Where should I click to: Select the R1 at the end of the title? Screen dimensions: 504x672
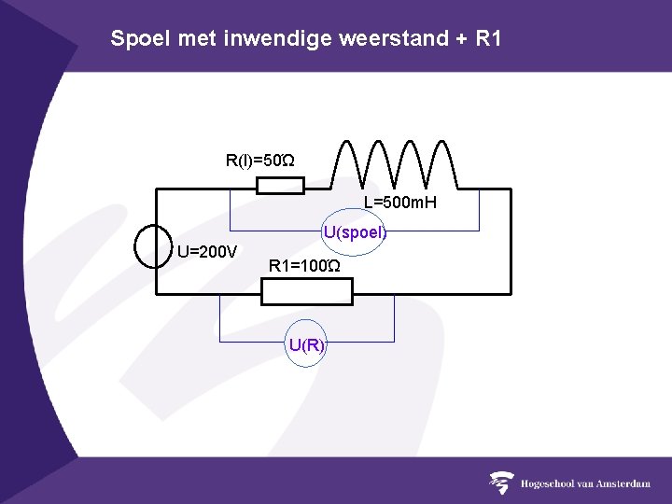487,39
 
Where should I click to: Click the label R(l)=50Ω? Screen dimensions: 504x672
259,161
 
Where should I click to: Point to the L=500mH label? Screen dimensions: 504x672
400,203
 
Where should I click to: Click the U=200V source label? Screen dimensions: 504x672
207,250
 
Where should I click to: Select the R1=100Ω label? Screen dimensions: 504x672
304,267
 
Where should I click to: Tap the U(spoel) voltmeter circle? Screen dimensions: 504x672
354,232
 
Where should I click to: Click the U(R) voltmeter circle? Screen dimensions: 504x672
306,345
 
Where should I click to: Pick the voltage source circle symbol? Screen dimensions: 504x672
155,245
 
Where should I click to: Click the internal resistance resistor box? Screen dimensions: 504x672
280,187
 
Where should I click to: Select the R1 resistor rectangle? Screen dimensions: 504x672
306,292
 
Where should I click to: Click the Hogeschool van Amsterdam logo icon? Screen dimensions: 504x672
502,483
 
